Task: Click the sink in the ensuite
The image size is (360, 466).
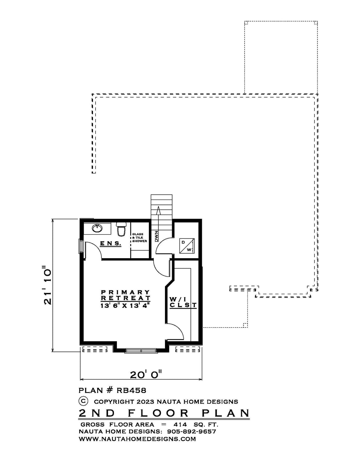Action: click(x=97, y=228)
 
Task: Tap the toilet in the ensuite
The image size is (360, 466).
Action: click(x=121, y=229)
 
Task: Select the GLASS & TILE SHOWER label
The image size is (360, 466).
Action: click(x=139, y=238)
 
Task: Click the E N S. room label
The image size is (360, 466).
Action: click(x=111, y=243)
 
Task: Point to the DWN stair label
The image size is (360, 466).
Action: click(x=156, y=237)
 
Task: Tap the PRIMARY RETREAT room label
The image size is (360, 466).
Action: click(x=125, y=295)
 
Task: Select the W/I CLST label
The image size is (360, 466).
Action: click(x=183, y=302)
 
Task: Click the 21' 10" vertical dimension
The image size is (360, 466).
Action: click(x=47, y=285)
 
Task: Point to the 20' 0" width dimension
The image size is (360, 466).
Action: click(x=146, y=375)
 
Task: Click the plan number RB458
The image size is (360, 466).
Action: click(x=132, y=390)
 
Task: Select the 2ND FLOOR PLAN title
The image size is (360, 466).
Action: click(x=164, y=413)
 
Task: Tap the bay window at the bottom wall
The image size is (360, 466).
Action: click(x=141, y=350)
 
